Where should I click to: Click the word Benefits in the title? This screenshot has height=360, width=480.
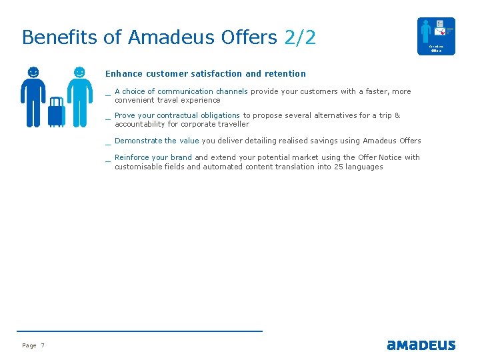60,37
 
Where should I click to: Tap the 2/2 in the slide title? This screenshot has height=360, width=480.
300,37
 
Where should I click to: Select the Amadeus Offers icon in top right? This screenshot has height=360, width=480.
436,36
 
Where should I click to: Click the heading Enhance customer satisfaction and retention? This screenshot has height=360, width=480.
205,74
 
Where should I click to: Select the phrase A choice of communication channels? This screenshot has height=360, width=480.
181,91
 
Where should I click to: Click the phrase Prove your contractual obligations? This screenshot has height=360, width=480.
177,115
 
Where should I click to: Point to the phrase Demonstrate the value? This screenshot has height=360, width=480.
157,141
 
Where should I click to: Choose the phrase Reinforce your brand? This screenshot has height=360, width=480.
153,157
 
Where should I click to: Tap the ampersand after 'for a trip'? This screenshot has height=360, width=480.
397,115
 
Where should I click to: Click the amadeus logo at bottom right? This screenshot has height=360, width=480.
421,345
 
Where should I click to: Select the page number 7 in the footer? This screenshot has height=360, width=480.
43,345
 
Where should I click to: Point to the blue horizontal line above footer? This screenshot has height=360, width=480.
139,331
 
